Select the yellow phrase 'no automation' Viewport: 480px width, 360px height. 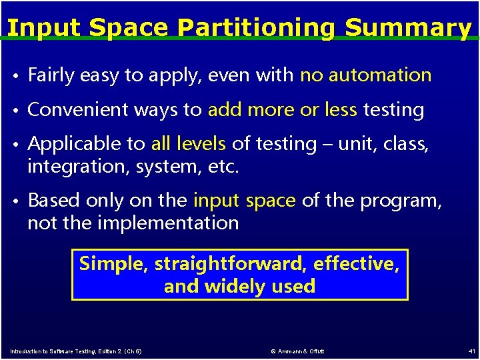pos(365,75)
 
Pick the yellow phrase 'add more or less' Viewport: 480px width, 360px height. pos(283,110)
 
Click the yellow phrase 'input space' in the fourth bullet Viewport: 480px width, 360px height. pos(244,201)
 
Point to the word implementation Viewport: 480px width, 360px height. pos(168,223)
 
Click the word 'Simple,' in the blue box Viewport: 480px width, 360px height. pos(114,264)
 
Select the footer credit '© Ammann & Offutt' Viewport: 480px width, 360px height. pos(298,351)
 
